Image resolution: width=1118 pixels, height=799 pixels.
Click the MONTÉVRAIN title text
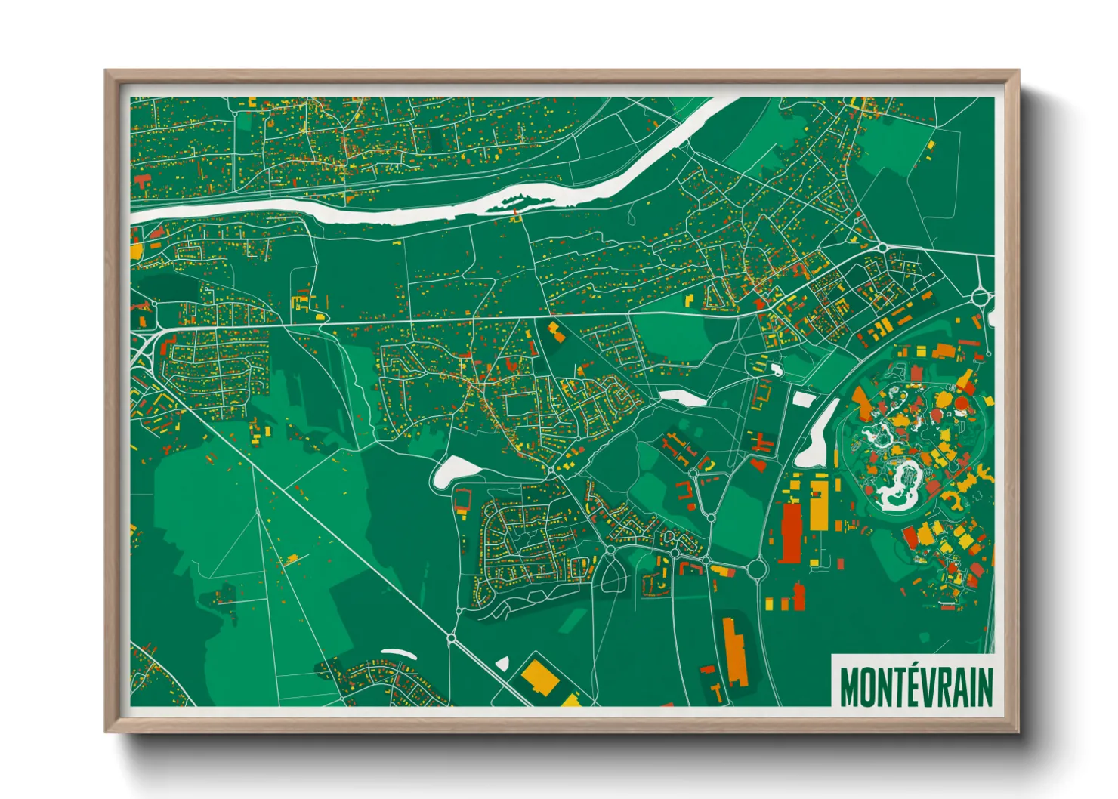pos(916,685)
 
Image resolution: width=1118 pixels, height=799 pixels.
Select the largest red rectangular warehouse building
pos(790,532)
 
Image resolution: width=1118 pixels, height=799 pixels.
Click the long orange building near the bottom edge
pos(733,652)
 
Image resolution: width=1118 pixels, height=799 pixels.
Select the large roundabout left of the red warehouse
pos(758,568)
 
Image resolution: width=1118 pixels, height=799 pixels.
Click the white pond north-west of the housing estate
pos(456,471)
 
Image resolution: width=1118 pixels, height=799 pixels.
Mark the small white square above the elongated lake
pos(802,398)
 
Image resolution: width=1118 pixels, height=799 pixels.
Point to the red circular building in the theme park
pos(961,403)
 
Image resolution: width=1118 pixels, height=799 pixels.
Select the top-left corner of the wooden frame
pos(107,72)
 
